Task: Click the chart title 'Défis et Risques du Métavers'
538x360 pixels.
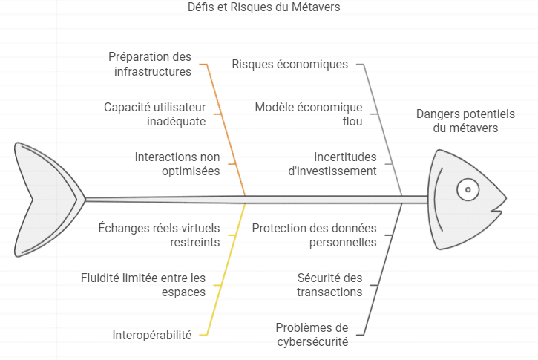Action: pos(264,7)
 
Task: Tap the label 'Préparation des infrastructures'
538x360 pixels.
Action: pos(150,64)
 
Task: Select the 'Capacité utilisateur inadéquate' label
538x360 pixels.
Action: pos(155,114)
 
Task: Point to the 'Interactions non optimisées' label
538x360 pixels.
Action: pos(177,164)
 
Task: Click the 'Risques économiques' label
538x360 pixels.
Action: pos(290,64)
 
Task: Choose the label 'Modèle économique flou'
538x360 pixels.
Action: pos(309,114)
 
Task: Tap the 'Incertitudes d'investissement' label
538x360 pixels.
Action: pos(332,164)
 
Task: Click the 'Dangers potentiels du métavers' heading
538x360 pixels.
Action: pos(465,121)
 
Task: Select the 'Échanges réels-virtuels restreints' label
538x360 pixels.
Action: pos(160,235)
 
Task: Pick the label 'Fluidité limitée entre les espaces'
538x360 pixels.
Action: pos(143,285)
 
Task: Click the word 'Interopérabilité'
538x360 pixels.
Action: pos(152,335)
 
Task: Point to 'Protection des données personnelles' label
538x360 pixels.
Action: pos(315,235)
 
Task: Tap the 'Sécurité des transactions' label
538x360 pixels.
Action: pos(329,285)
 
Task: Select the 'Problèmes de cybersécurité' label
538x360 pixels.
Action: pos(312,335)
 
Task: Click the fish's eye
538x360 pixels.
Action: pos(468,189)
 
